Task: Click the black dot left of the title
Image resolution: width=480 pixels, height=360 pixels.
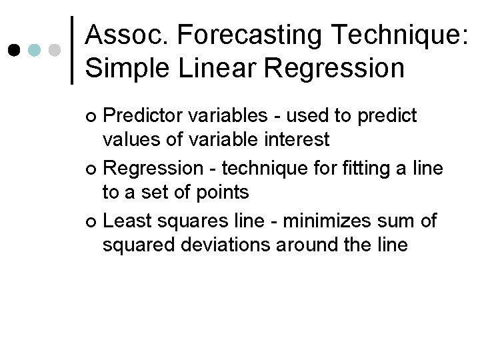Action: click(x=14, y=50)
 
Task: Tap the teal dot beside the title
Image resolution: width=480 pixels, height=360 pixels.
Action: click(x=35, y=50)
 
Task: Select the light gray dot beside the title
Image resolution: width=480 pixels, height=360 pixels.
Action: click(x=55, y=50)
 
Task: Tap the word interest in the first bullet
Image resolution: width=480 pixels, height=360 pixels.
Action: click(x=297, y=140)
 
